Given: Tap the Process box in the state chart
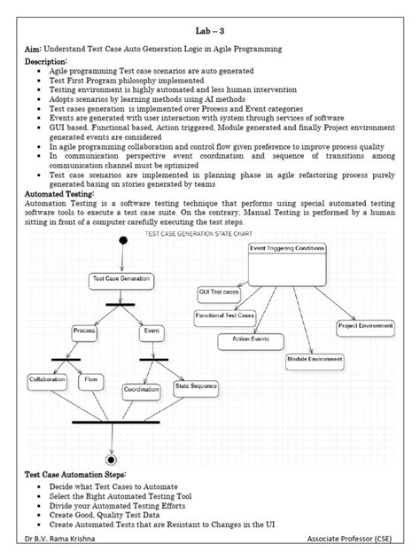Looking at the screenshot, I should point(84,331).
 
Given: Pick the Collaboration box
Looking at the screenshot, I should point(47,378).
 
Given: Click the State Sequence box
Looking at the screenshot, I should point(195,386).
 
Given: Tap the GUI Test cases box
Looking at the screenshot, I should point(219,292).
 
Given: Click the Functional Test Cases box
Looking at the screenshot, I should point(225,315).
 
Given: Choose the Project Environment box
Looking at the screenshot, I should point(364,326).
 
